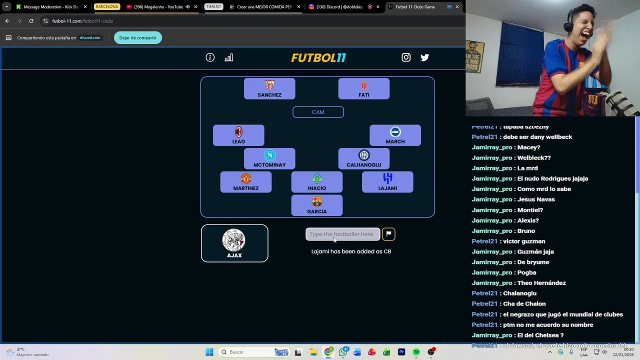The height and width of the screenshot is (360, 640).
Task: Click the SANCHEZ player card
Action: coord(269,88)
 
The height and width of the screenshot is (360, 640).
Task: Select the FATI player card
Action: coord(363,88)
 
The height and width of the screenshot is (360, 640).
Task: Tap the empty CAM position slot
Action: coord(318,112)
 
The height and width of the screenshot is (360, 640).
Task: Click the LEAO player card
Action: coord(238,135)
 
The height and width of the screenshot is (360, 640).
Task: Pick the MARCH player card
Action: coord(395,135)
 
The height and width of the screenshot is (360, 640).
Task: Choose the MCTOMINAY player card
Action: coord(269,158)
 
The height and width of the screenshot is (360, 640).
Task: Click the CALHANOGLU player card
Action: coord(363,158)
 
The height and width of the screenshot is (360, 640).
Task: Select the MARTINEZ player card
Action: coord(246,182)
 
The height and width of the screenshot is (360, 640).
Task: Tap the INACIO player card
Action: coord(317,182)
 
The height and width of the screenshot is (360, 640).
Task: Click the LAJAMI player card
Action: coord(387,182)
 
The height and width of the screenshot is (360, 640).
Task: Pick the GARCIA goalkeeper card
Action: coord(317,205)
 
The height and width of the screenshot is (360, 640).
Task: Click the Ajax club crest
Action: coord(234,240)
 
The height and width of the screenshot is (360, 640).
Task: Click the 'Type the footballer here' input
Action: coord(342,234)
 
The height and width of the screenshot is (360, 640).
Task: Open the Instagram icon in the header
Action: coord(406,57)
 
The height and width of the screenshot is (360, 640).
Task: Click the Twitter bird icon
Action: coord(424,57)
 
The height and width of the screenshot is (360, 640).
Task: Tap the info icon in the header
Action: coord(210,57)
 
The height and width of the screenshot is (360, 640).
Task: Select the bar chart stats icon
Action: coord(228,57)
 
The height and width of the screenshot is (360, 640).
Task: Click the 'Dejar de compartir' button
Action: coord(137,37)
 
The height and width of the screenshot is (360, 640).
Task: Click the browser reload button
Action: coord(31,21)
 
